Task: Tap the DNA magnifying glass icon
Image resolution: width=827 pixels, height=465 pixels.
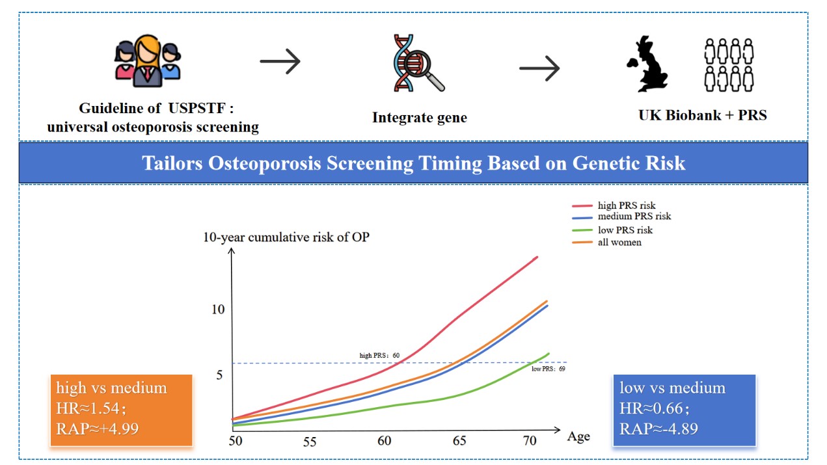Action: pos(418,63)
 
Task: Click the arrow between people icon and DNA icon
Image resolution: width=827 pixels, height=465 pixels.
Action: pos(280,62)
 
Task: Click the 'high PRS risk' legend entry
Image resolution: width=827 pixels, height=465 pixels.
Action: pos(627,206)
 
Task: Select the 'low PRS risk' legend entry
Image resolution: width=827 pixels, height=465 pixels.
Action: pos(625,230)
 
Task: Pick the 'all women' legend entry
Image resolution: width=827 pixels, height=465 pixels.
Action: pos(619,242)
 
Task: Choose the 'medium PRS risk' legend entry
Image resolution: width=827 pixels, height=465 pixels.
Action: pos(634,216)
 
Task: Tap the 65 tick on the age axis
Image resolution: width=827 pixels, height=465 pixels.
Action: pos(459,441)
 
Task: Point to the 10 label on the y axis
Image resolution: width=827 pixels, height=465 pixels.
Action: pos(218,309)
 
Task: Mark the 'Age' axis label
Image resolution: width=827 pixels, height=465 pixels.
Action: pos(578,436)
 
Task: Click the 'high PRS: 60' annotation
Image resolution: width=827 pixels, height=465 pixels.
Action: pos(379,356)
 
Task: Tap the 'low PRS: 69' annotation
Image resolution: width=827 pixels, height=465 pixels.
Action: pos(548,369)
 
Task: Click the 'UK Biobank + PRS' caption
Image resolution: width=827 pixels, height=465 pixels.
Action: pos(703,115)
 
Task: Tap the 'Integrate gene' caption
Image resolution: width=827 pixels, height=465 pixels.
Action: pos(420,118)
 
